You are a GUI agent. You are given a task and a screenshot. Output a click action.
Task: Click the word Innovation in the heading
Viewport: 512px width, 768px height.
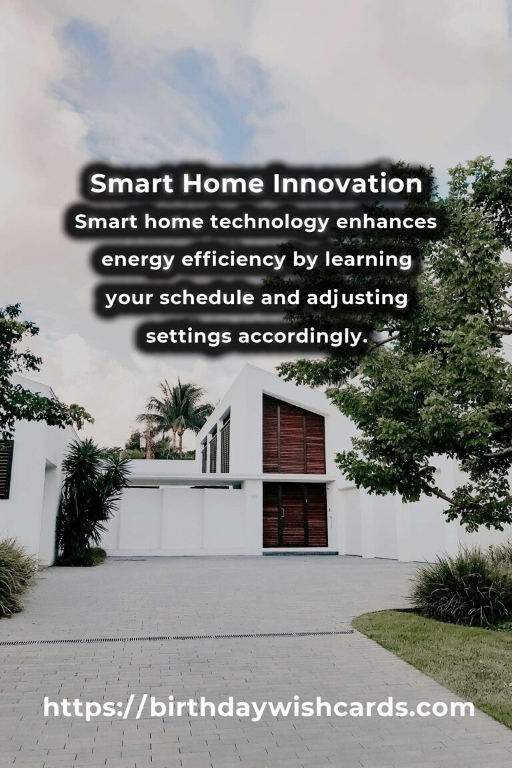pos(347,183)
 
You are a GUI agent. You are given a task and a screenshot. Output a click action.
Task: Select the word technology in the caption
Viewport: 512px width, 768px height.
pos(269,223)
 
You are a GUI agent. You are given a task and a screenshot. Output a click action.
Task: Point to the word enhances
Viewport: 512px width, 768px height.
pos(386,222)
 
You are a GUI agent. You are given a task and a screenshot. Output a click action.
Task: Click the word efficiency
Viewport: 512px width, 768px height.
pos(233,260)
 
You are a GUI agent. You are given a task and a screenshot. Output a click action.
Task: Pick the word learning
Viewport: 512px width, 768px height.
pos(368,260)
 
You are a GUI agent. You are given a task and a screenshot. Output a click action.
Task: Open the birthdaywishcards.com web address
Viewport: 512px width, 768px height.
pos(259,708)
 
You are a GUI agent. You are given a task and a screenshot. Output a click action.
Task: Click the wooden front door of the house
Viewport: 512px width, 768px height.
pos(295,515)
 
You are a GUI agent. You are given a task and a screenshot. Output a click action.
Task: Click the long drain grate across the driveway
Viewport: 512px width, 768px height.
pos(177,638)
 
